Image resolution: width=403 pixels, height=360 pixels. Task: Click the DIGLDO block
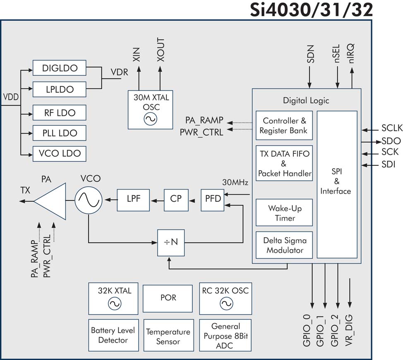pyautogui.click(x=60, y=68)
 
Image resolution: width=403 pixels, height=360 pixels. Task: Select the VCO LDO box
pyautogui.click(x=60, y=154)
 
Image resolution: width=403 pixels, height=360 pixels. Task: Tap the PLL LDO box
pyautogui.click(x=60, y=133)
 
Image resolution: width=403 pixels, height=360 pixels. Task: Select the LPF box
pyautogui.click(x=134, y=199)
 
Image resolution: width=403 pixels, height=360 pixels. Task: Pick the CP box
pyautogui.click(x=176, y=199)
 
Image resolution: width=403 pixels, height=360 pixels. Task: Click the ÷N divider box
pyautogui.click(x=171, y=242)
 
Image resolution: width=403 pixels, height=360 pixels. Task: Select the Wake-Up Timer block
pyautogui.click(x=284, y=213)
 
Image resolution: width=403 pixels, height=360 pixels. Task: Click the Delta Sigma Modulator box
pyautogui.click(x=284, y=245)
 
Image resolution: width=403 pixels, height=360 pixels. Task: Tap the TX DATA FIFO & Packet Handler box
pyautogui.click(x=284, y=164)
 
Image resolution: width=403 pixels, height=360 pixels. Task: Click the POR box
pyautogui.click(x=168, y=298)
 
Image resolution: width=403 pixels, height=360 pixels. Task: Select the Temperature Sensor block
pyautogui.click(x=168, y=336)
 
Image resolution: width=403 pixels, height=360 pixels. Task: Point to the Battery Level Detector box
pyautogui.click(x=113, y=335)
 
